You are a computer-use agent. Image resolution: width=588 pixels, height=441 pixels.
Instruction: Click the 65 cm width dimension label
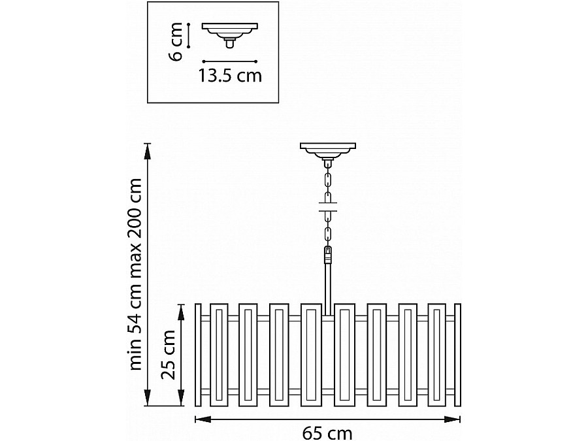click(327, 432)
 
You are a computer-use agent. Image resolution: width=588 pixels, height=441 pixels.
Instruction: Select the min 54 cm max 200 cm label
click(135, 274)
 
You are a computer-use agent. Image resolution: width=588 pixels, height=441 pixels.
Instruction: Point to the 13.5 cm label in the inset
click(230, 76)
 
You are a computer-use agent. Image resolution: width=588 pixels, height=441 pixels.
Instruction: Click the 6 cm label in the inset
click(175, 42)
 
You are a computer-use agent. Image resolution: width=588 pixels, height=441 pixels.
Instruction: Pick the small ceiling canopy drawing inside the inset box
click(229, 33)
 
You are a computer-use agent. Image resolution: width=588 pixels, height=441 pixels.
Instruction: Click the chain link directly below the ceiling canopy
click(327, 176)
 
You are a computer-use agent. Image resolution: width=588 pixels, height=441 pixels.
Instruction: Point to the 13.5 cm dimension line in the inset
click(229, 61)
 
